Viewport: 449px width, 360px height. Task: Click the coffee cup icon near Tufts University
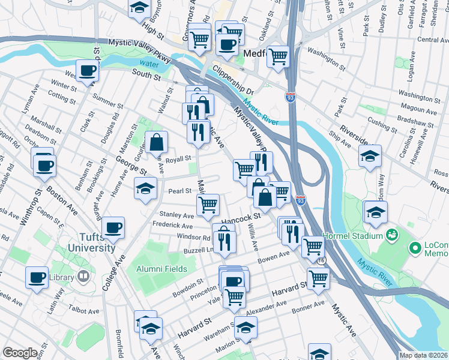pyautogui.click(x=113, y=227)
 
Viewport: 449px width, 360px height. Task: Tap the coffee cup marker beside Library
pyautogui.click(x=37, y=277)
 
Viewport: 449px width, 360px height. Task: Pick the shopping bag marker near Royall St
pyautogui.click(x=156, y=142)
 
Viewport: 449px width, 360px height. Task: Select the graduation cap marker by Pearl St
pyautogui.click(x=145, y=188)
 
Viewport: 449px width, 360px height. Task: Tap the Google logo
pyautogui.click(x=20, y=353)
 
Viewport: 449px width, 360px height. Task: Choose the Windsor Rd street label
pyautogui.click(x=193, y=237)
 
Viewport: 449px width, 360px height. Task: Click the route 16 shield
pyautogui.click(x=322, y=261)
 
